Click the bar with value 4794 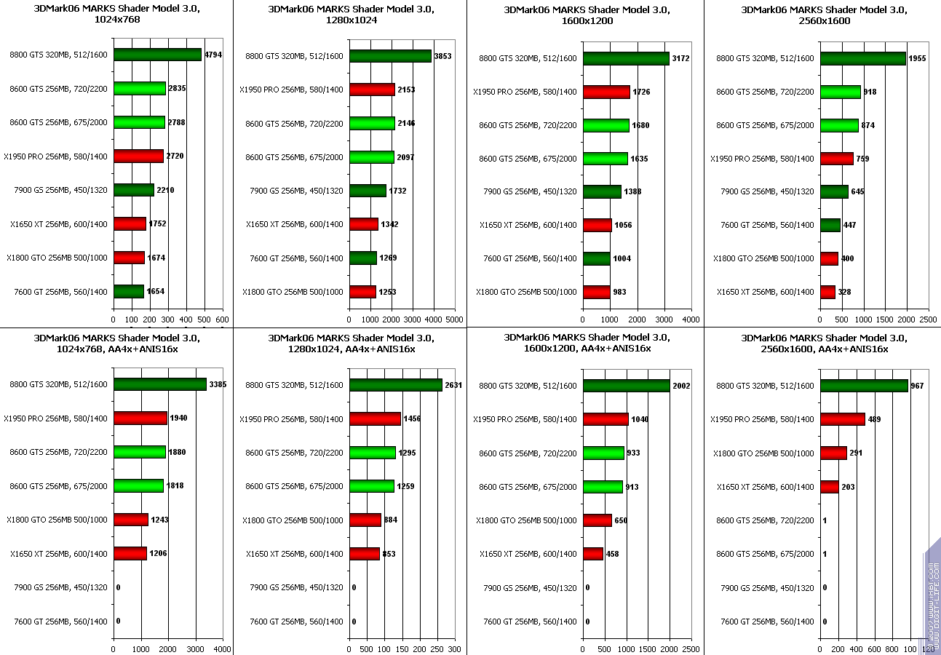point(157,55)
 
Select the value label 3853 point(443,56)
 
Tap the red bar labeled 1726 point(606,92)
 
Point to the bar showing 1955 point(863,58)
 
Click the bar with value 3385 point(160,384)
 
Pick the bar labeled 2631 point(396,385)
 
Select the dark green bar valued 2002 point(626,386)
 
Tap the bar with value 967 point(864,386)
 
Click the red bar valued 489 point(843,419)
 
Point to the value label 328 point(844,292)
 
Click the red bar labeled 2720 point(138,156)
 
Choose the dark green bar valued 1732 point(368,191)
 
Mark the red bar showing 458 point(593,554)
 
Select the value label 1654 point(156,292)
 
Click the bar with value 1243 point(131,520)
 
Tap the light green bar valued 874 point(839,125)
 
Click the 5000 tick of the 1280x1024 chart point(453,319)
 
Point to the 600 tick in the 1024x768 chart point(223,319)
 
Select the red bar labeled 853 point(365,554)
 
